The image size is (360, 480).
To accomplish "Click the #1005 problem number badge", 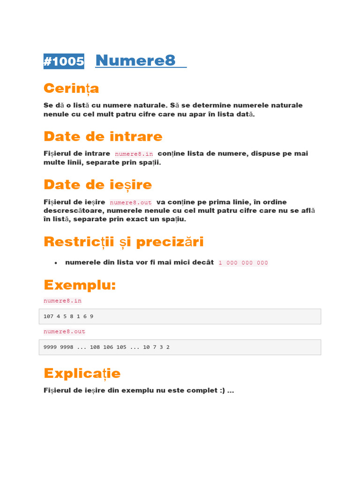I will [x=64, y=61].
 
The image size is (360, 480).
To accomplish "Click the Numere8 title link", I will [x=135, y=60].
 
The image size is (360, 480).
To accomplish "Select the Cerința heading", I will [x=71, y=88].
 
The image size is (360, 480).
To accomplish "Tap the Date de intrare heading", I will [x=103, y=136].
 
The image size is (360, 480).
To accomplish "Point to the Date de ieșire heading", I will [x=97, y=185].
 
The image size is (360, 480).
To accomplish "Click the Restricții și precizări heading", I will [x=123, y=242].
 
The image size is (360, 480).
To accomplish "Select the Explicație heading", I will [x=82, y=373].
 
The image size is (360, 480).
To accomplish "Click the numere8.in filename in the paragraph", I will [x=134, y=154].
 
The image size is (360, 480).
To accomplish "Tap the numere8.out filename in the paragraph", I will [x=131, y=202].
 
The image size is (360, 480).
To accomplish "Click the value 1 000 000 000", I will [x=243, y=263].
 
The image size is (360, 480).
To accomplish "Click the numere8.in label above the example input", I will [x=62, y=300].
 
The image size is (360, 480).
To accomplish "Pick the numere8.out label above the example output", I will [x=64, y=331].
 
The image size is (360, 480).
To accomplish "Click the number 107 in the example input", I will [x=48, y=316].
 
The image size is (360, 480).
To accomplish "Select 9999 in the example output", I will [x=50, y=347].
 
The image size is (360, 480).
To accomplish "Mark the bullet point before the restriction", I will [x=56, y=263].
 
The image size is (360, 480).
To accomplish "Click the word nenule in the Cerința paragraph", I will [x=56, y=114].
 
